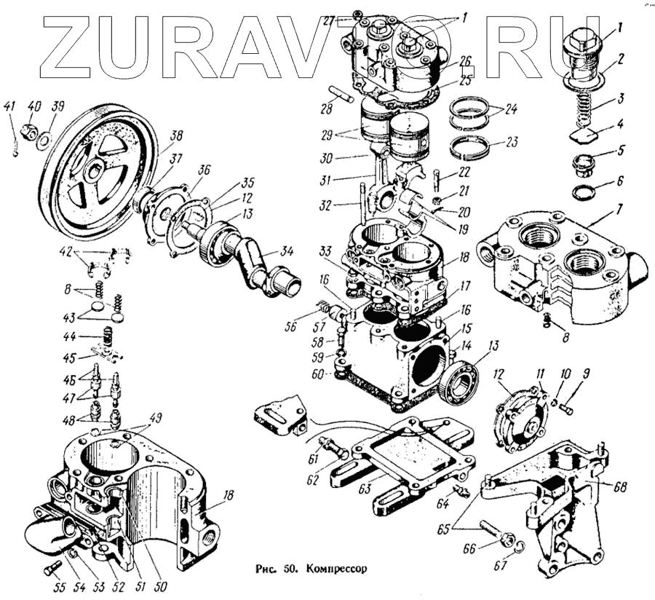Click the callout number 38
tap(176, 135)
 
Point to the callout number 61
tap(314, 458)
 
